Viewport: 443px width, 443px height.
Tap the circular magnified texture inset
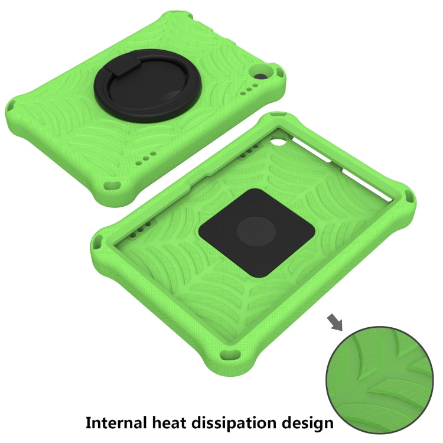point(379,380)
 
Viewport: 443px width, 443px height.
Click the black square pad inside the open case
point(257,233)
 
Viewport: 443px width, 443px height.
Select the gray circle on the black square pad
point(256,232)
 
